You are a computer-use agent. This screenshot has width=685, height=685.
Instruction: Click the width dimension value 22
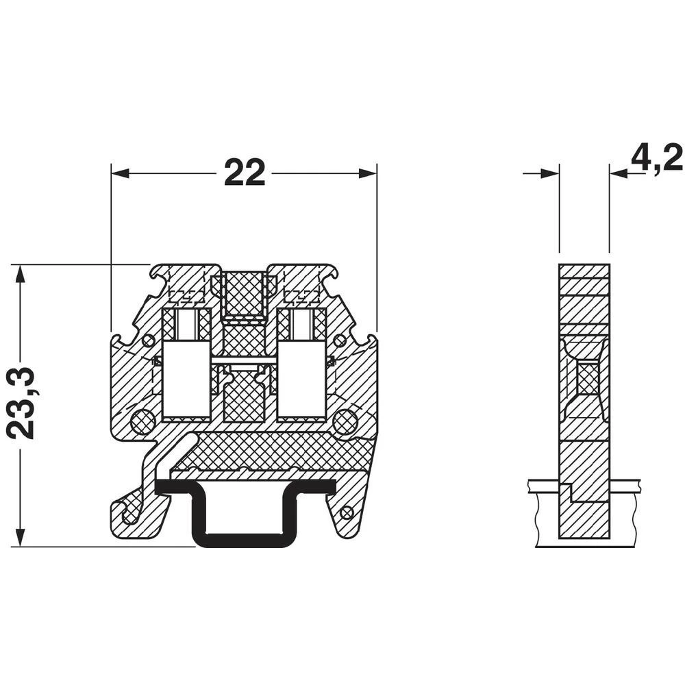coord(244,173)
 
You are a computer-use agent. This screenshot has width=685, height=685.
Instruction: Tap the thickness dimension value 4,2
coord(656,158)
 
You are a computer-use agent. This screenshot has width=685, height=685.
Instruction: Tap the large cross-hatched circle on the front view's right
coord(346,421)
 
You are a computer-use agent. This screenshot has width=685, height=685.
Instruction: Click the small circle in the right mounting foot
coord(347,511)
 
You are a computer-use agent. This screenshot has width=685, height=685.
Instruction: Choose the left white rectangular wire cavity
coord(186,387)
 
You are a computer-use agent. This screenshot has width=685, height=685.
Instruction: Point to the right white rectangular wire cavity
coord(301,387)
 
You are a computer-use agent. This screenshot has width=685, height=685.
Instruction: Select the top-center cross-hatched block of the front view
coord(245,295)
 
